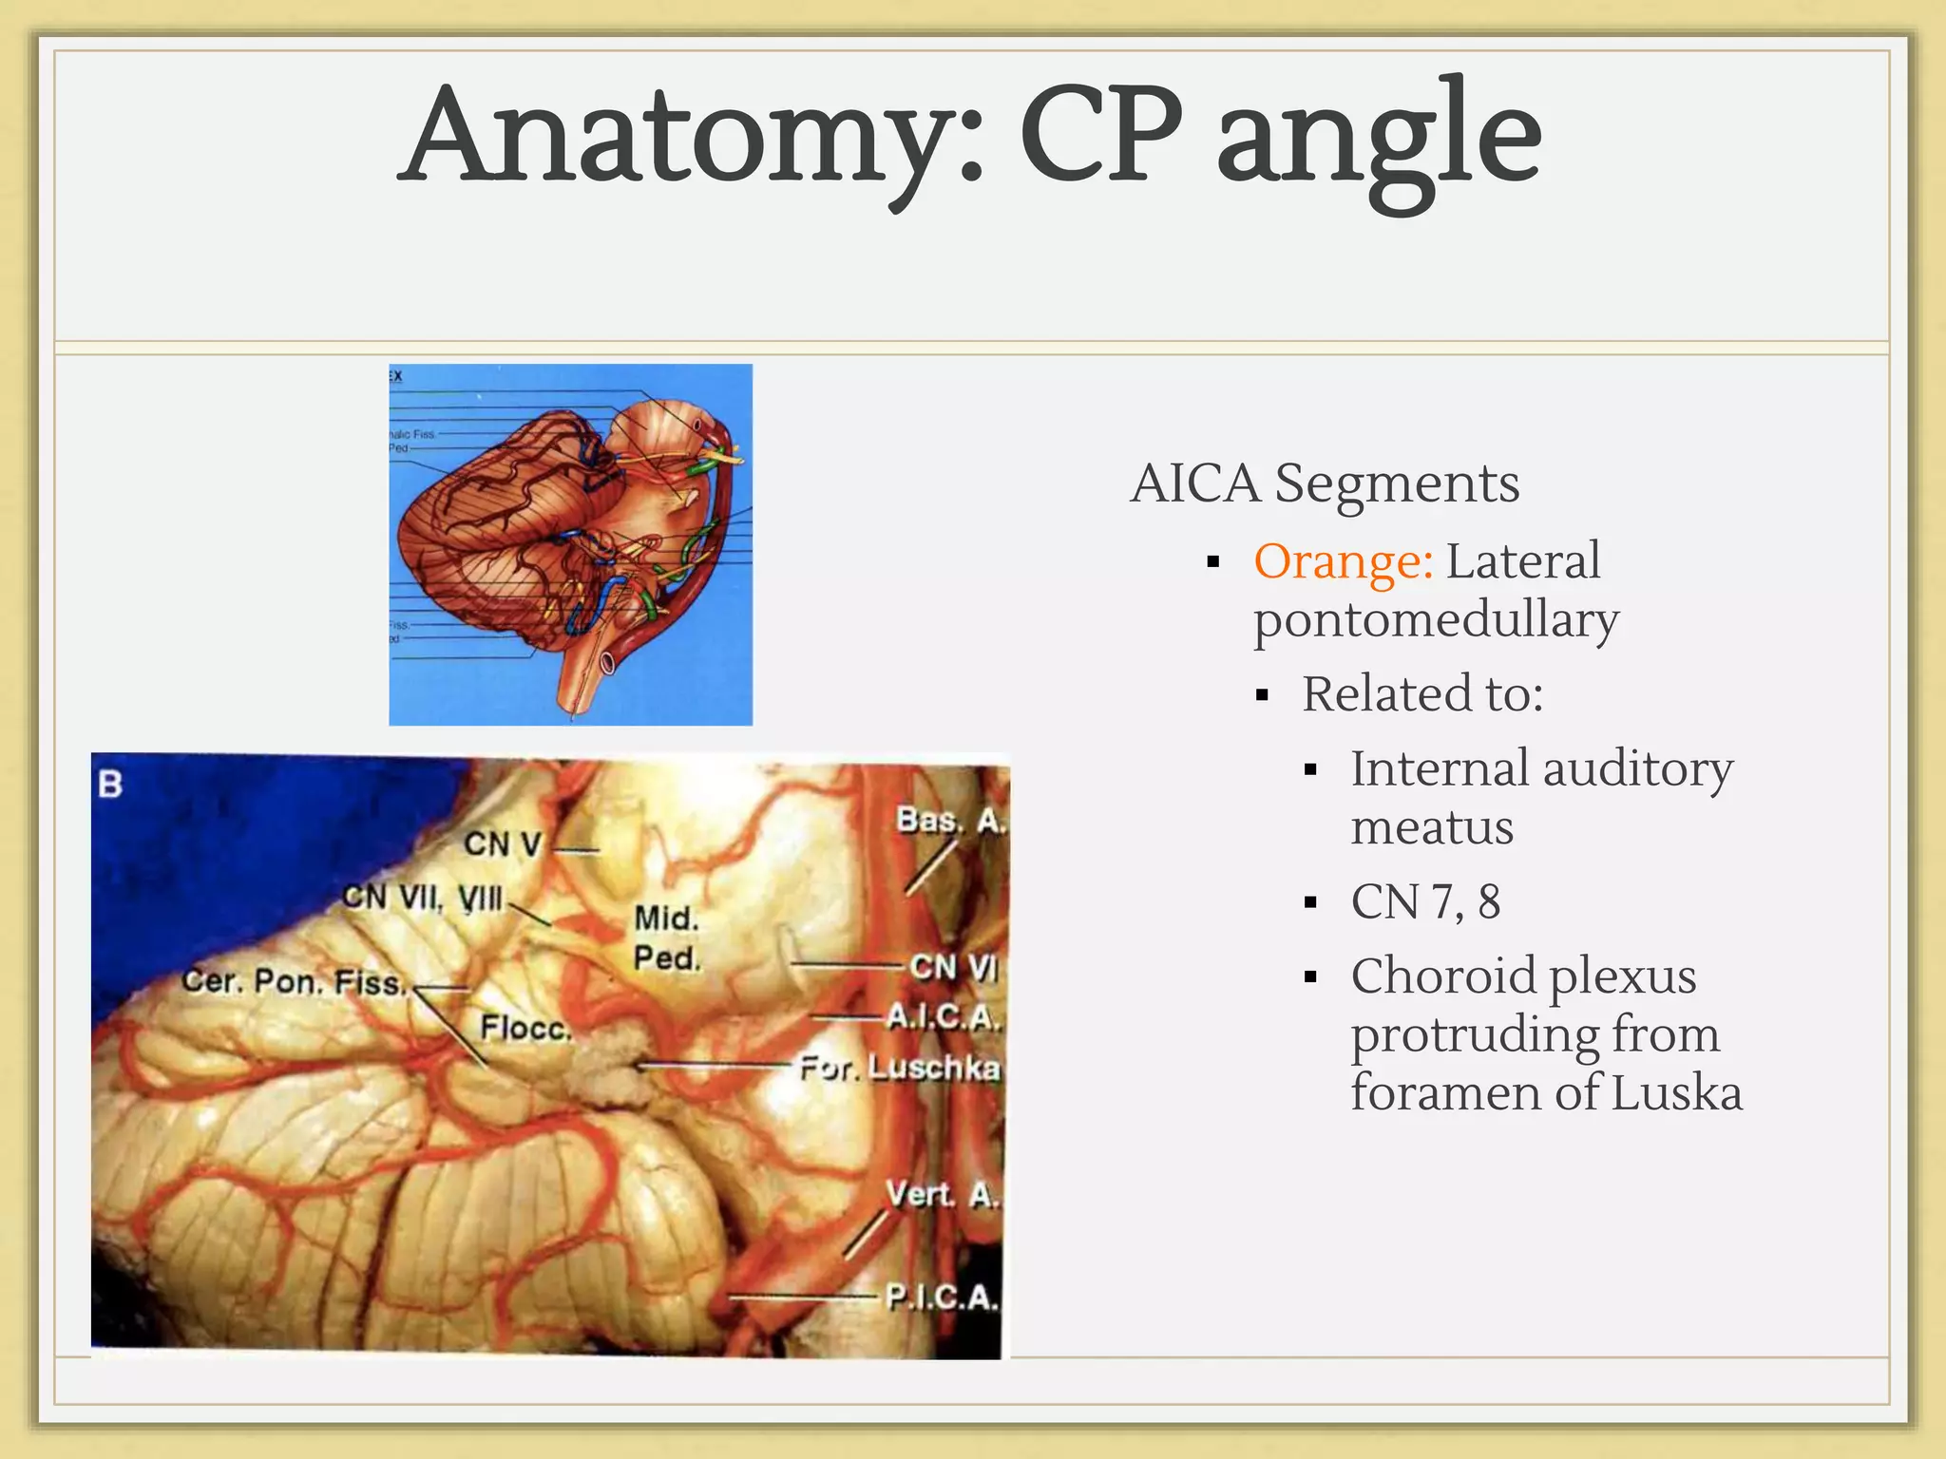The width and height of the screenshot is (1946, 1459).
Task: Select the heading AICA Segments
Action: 1325,483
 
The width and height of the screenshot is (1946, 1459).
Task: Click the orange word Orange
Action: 1343,560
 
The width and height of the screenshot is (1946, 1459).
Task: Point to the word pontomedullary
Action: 1436,620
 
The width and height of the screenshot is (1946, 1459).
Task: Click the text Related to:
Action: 1422,693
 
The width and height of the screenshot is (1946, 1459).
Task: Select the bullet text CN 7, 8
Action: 1425,901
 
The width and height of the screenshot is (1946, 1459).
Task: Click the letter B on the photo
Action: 110,785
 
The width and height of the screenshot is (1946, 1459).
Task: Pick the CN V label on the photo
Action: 503,843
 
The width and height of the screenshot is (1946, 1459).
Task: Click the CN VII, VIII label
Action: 423,898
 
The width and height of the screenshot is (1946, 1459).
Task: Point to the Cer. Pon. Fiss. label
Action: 294,981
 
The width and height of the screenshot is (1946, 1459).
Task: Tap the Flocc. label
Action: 525,1028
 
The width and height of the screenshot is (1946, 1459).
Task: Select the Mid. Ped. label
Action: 666,938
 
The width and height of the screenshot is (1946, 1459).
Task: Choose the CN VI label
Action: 953,967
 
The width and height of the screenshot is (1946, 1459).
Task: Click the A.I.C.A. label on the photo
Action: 944,1017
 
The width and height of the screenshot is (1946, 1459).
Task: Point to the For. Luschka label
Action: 900,1069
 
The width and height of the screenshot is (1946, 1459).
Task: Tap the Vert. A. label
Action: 942,1194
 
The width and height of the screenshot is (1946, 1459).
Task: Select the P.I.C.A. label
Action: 942,1297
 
